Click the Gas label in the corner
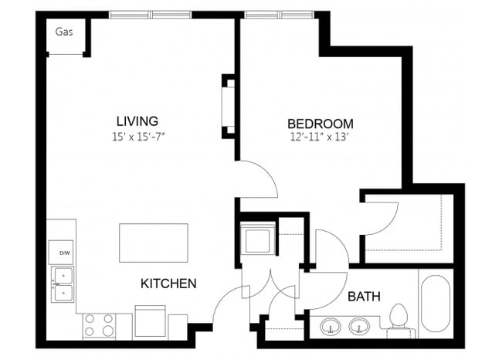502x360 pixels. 64,32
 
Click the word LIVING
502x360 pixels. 137,121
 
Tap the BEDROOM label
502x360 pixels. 321,124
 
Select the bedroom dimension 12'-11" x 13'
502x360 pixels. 321,138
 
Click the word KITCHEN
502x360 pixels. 168,284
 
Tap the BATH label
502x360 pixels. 363,296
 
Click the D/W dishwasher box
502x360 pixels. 62,253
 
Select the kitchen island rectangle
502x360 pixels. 154,243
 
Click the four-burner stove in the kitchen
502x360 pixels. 98,324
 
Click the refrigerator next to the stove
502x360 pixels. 150,321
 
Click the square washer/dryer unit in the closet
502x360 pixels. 256,238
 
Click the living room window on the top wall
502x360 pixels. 151,14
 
